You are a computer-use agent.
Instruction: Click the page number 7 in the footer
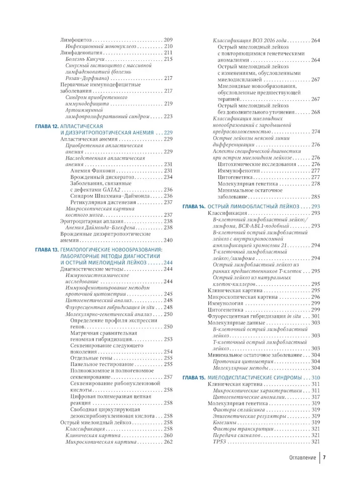point(325,458)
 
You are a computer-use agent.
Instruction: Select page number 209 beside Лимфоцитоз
point(168,40)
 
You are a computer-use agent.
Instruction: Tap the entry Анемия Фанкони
point(91,171)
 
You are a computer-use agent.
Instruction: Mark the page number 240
point(168,239)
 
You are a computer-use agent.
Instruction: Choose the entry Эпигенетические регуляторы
point(250,416)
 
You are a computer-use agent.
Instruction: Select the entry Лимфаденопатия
point(82,52)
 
